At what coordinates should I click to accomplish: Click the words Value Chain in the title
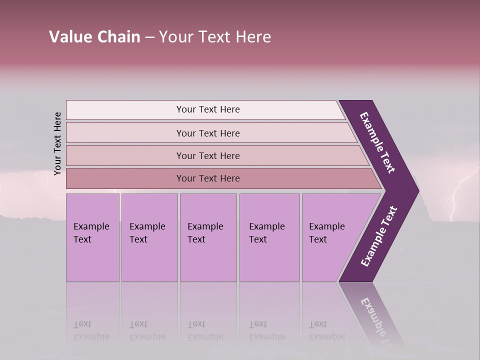point(94,37)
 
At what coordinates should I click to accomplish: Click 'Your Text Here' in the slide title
point(215,37)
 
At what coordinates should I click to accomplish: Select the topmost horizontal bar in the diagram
point(207,109)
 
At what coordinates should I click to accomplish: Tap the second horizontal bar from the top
point(207,133)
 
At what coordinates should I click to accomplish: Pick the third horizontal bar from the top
point(207,155)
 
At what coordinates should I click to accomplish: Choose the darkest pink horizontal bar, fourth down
point(207,178)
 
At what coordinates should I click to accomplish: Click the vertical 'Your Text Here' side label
point(57,143)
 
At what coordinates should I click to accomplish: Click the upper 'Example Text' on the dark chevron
point(377,142)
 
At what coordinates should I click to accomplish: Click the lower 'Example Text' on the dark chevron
point(378,236)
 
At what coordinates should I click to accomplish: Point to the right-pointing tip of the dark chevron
point(417,191)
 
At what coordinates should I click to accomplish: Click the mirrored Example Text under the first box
point(91,330)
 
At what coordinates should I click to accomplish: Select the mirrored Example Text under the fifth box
point(327,330)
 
